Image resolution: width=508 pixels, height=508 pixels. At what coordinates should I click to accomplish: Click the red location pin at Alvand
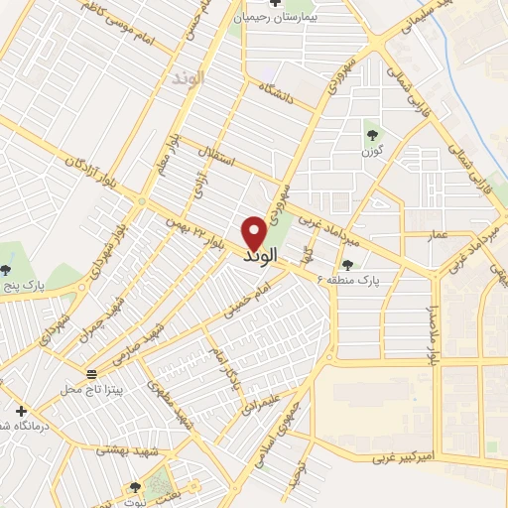click(254, 233)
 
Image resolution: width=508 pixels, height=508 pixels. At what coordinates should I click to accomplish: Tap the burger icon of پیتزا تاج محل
click(92, 373)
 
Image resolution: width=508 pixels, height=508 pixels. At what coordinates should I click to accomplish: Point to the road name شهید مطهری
click(171, 393)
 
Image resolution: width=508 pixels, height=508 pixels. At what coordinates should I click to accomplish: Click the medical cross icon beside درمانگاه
click(21, 410)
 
